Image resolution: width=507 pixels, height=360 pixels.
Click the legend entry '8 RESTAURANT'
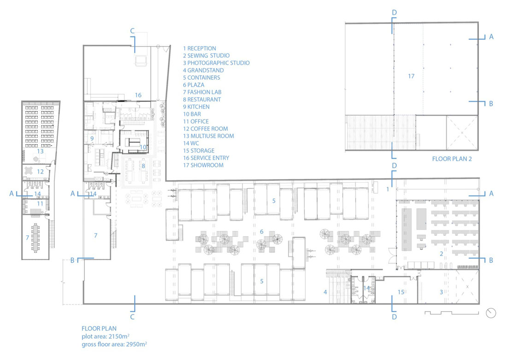point(202,100)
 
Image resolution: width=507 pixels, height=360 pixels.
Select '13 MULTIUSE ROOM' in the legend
point(208,136)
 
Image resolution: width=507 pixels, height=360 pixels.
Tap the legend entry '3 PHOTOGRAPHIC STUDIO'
point(216,63)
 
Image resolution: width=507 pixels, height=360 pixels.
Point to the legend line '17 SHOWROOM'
point(203,165)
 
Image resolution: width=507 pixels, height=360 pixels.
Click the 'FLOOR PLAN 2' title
point(452,159)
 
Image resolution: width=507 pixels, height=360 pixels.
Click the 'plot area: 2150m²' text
point(106,336)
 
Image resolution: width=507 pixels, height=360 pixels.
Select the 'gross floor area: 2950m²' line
point(114,344)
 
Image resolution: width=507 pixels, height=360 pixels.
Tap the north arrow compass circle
point(491,313)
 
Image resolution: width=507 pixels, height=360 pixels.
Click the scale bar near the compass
point(451,313)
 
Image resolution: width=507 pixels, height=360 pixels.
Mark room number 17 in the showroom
point(411,77)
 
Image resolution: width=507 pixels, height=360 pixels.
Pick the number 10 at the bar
point(143,147)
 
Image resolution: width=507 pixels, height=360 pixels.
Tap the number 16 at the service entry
point(138,95)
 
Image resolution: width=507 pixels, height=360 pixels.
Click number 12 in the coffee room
point(40,171)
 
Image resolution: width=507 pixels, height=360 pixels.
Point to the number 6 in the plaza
point(262,231)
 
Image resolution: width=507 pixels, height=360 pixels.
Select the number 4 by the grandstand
point(325,292)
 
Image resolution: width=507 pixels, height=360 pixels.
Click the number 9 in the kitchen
point(92,139)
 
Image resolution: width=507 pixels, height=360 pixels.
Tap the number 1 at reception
point(388,189)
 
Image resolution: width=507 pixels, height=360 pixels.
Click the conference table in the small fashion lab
point(35,238)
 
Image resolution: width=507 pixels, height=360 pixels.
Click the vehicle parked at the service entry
point(141,60)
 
